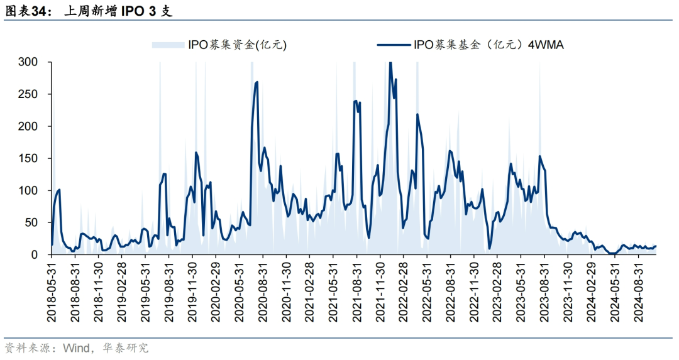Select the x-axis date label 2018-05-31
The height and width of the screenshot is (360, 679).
[52, 292]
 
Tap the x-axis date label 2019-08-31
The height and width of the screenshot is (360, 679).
[169, 292]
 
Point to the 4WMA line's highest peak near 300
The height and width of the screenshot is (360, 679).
[390, 63]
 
